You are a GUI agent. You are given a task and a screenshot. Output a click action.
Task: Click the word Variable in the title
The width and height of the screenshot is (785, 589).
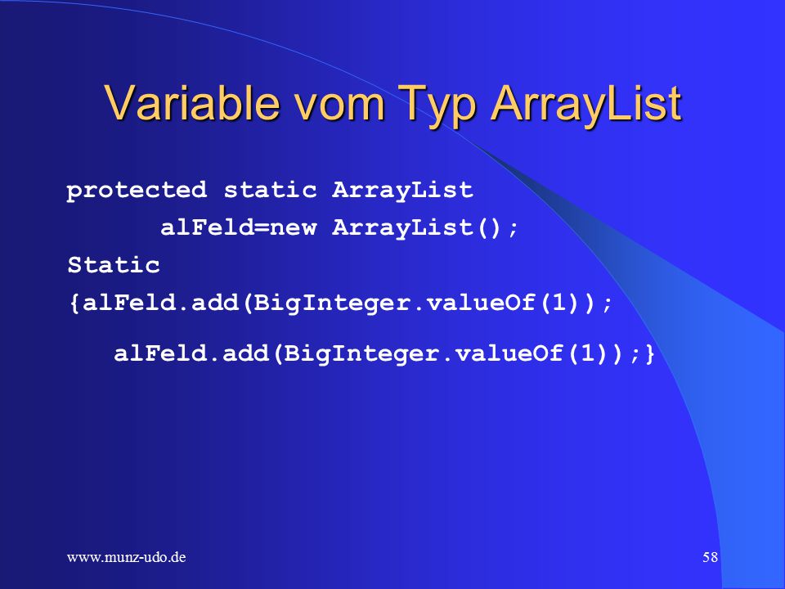click(x=192, y=103)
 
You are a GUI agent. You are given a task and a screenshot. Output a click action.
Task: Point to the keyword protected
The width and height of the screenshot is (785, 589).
click(x=137, y=191)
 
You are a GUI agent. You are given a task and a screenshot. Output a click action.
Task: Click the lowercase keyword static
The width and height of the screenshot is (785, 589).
click(x=271, y=189)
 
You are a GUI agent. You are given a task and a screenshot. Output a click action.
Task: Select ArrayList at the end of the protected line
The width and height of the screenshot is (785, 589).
click(x=402, y=191)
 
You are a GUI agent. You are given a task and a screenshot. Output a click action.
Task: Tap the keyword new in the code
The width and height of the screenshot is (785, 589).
click(x=294, y=229)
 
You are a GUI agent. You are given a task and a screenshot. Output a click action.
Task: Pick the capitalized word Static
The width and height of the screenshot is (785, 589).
click(x=114, y=264)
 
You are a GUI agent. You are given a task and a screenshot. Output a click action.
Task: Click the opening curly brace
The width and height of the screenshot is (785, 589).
click(x=74, y=303)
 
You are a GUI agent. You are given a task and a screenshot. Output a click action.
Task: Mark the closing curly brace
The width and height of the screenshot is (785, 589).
click(x=650, y=353)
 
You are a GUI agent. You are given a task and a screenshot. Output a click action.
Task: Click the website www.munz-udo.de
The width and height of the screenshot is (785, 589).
click(x=126, y=557)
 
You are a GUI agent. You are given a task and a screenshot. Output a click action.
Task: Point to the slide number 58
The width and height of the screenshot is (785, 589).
click(x=710, y=557)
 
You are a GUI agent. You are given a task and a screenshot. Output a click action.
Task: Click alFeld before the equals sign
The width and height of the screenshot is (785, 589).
click(x=207, y=228)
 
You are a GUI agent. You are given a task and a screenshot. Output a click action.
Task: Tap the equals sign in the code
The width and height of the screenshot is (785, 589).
click(x=262, y=228)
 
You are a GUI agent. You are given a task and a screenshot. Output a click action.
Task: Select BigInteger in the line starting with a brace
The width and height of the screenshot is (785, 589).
click(x=333, y=303)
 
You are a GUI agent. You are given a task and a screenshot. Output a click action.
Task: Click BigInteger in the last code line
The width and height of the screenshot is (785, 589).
click(x=362, y=354)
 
